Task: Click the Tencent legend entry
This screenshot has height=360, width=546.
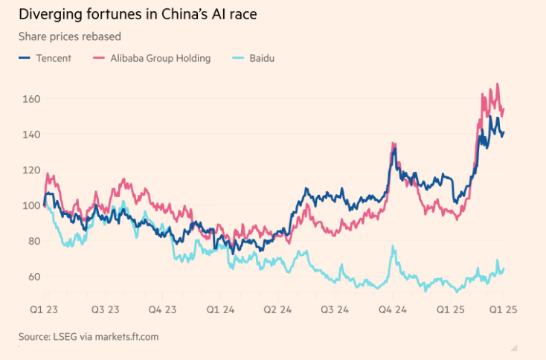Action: pyautogui.click(x=53, y=58)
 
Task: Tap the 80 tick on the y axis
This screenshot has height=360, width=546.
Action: pyautogui.click(x=32, y=241)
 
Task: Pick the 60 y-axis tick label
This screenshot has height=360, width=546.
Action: pyautogui.click(x=32, y=277)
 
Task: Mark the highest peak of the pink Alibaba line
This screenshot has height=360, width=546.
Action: pyautogui.click(x=497, y=84)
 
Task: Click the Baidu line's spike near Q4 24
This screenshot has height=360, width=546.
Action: pyautogui.click(x=393, y=247)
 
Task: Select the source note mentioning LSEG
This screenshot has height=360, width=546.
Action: pyautogui.click(x=89, y=337)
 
